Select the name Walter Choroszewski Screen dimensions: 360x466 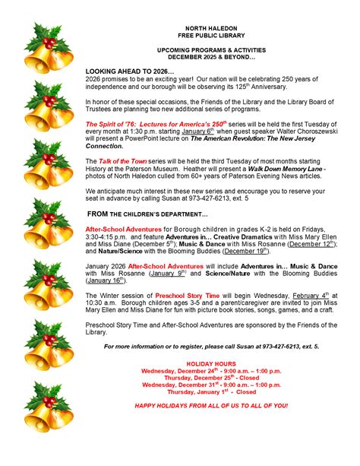click(x=292, y=131)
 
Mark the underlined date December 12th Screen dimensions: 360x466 click(x=311, y=244)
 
